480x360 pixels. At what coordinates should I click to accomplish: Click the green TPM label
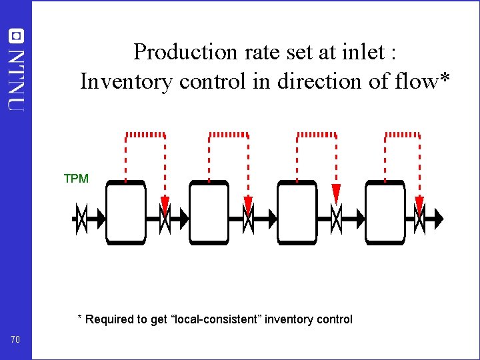[x=76, y=178]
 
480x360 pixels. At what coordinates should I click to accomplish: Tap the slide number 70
[x=16, y=341]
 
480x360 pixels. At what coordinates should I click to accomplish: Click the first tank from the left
[x=125, y=213]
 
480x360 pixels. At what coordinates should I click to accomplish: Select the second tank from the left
[x=209, y=213]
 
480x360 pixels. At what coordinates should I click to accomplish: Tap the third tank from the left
[x=297, y=213]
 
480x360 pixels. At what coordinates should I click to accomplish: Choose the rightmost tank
[x=385, y=213]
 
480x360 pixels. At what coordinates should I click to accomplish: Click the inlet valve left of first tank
[x=81, y=218]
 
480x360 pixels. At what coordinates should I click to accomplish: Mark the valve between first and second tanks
[x=165, y=218]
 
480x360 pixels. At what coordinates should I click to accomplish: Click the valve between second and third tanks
[x=248, y=218]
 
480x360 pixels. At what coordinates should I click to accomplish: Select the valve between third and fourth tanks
[x=337, y=218]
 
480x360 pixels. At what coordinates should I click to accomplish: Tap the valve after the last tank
[x=419, y=218]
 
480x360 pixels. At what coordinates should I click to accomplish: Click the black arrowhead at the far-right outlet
[x=438, y=218]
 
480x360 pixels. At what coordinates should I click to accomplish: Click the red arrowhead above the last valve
[x=419, y=203]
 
